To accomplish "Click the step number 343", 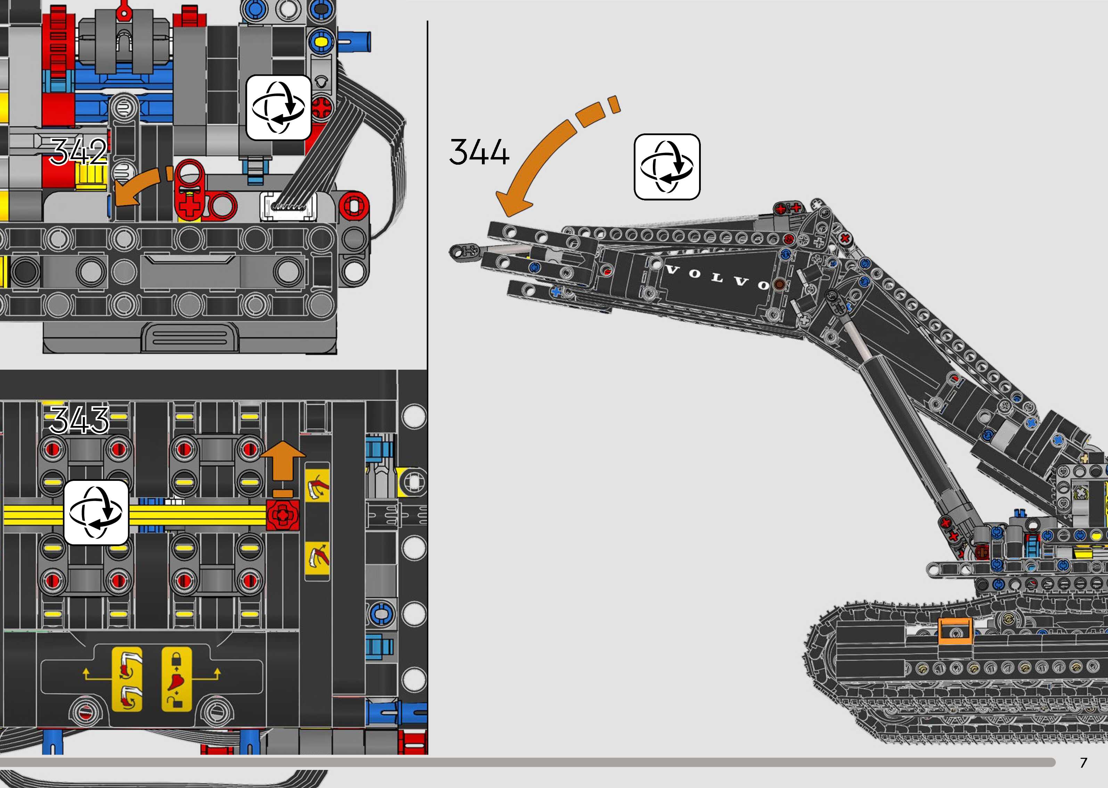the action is [x=79, y=420].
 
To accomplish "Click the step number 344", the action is [x=479, y=152].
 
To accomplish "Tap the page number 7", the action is [x=1083, y=763].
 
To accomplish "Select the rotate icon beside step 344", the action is [x=667, y=167].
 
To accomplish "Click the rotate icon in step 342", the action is [x=278, y=108].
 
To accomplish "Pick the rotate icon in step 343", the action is [x=96, y=512].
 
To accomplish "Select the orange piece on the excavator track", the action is [x=955, y=631].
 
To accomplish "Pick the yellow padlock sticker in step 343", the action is [x=176, y=679].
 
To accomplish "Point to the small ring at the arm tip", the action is [x=458, y=251].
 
